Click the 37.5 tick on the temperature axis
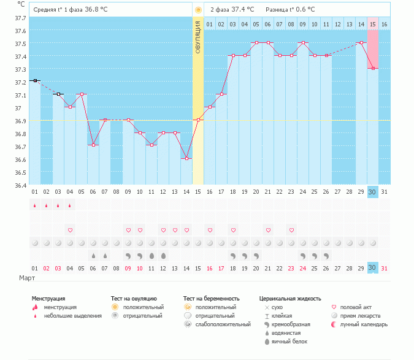(20, 44)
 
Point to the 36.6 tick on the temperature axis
(20, 159)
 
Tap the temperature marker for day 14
(187, 159)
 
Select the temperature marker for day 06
(93, 145)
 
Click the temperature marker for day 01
(35, 80)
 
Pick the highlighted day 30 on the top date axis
(372, 192)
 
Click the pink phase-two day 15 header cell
(372, 24)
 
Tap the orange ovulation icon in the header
(197, 10)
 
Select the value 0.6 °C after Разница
(304, 10)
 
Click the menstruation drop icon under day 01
(35, 205)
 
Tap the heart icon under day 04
(70, 230)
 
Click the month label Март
(28, 278)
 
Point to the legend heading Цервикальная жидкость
(290, 299)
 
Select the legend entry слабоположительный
(222, 324)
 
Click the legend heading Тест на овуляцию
(134, 299)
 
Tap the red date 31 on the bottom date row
(384, 268)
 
